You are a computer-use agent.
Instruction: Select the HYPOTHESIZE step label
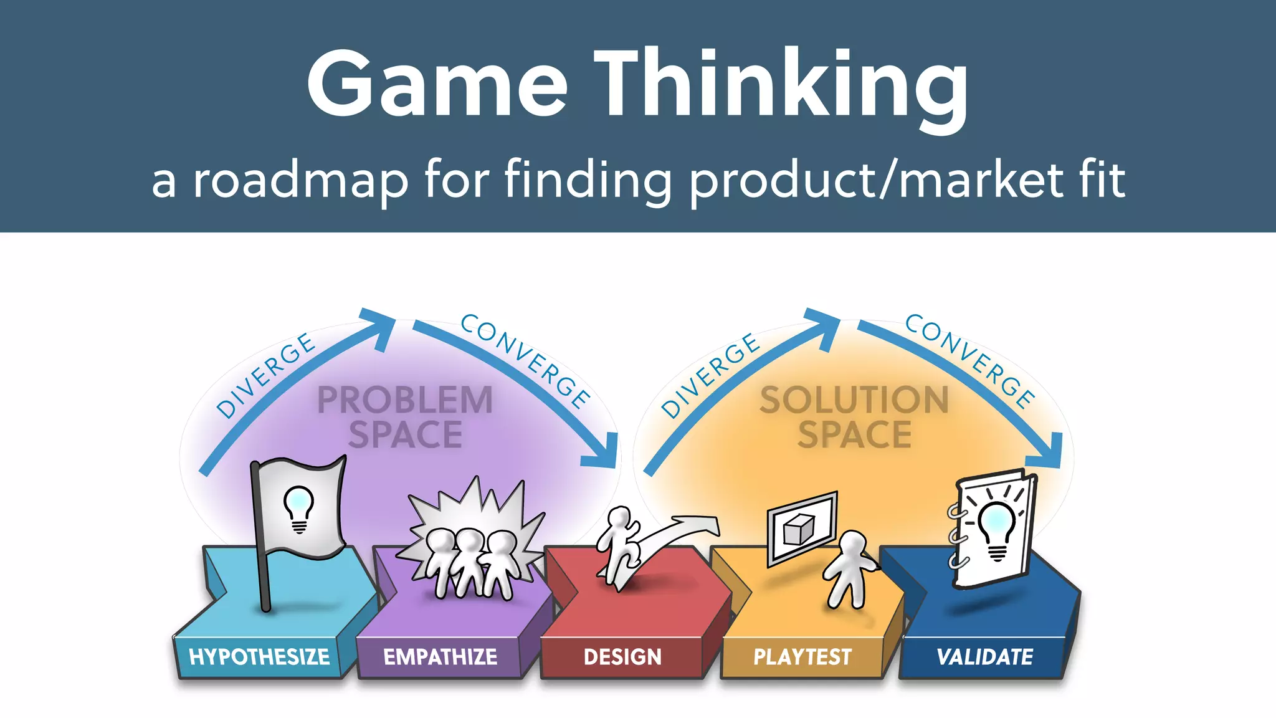click(x=259, y=657)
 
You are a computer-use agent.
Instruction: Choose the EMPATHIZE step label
click(x=440, y=657)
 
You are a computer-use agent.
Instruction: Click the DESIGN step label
click(x=622, y=657)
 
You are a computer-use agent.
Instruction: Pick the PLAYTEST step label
click(x=802, y=657)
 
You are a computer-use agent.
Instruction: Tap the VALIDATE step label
click(x=984, y=657)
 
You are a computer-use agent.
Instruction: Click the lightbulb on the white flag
click(x=299, y=509)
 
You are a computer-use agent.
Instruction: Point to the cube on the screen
click(x=799, y=530)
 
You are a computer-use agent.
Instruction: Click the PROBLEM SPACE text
click(x=405, y=417)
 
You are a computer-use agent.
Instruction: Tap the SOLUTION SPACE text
click(x=854, y=417)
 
